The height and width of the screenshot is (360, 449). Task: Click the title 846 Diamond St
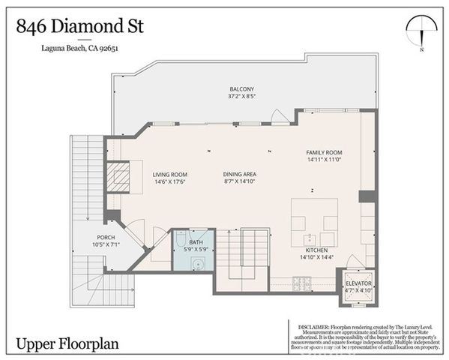[79, 26]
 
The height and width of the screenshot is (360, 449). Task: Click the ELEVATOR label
[358, 283]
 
